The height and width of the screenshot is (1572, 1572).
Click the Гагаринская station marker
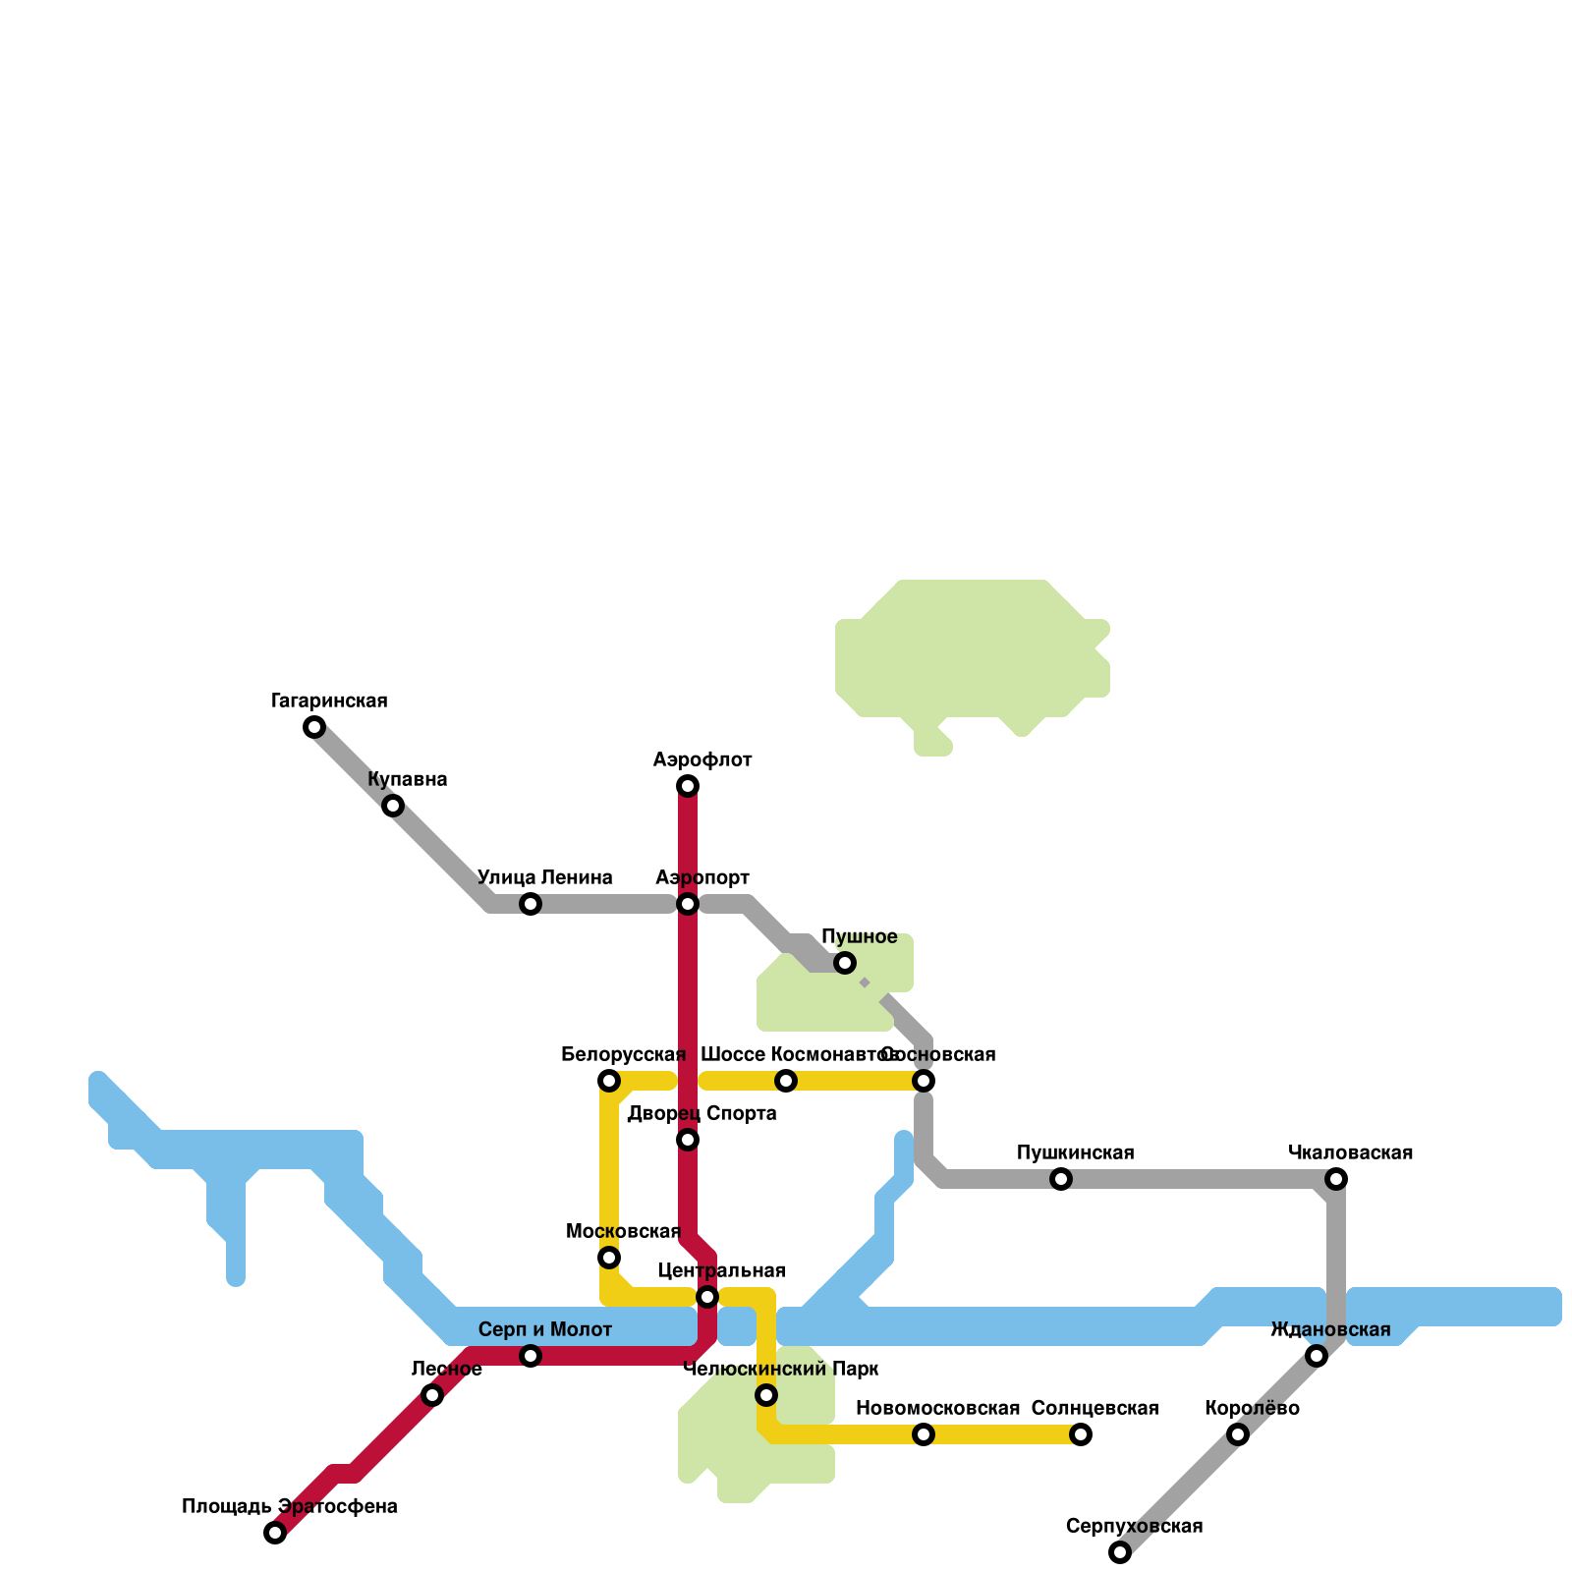tap(314, 727)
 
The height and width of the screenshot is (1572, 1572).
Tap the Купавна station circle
tap(393, 806)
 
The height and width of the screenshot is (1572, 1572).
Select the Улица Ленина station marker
tap(531, 904)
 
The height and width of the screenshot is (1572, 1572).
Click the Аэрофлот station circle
tap(688, 786)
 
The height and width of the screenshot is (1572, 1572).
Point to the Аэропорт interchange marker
tap(688, 904)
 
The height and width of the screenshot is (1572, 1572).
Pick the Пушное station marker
tap(845, 963)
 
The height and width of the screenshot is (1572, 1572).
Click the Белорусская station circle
tap(609, 1081)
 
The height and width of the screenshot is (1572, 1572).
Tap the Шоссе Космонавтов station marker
tap(786, 1081)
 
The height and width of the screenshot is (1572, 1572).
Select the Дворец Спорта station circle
tap(688, 1140)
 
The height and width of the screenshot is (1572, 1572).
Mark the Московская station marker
tap(609, 1258)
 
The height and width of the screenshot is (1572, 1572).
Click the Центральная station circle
tap(707, 1297)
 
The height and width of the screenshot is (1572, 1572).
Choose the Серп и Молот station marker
tap(531, 1356)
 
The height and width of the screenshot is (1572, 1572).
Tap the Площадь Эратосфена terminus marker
tap(275, 1533)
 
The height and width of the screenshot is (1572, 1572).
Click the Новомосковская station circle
tap(924, 1434)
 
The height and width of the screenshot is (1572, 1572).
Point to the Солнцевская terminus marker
tap(1081, 1434)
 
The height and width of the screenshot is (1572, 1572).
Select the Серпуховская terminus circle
tap(1120, 1552)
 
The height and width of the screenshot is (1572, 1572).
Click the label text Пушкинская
tap(1075, 1152)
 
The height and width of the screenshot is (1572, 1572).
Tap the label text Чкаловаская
tap(1350, 1152)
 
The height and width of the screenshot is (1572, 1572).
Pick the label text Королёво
tap(1252, 1409)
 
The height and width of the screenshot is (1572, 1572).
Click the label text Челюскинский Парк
tap(780, 1370)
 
